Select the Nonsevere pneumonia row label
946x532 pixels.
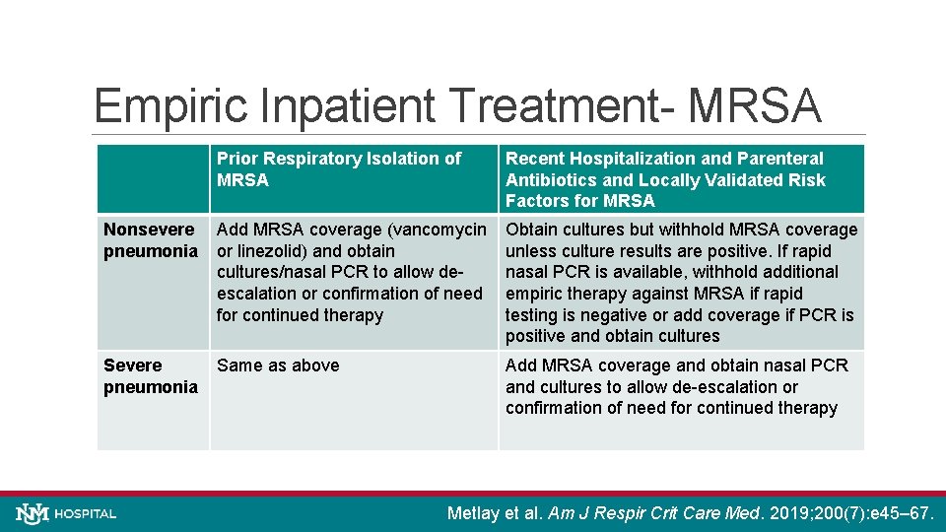coord(150,240)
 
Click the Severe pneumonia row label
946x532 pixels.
coord(150,376)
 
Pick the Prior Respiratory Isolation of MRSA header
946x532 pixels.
coord(339,169)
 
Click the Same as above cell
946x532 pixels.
coord(278,366)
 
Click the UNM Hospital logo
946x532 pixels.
coord(67,513)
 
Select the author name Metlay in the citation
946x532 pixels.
coord(475,513)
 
